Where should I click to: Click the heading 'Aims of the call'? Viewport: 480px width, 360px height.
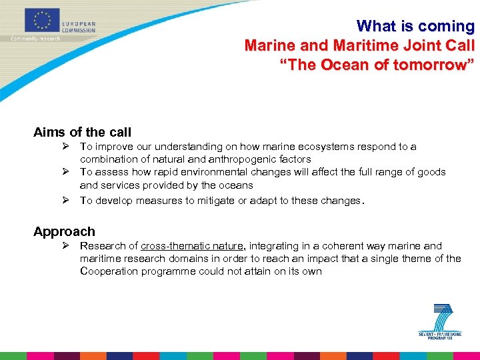(83, 132)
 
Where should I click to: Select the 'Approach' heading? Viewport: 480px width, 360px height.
(64, 231)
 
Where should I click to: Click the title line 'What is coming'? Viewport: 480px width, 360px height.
(415, 26)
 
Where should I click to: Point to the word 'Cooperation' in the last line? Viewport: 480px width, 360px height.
(107, 271)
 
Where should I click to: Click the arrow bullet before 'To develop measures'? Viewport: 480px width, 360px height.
(67, 200)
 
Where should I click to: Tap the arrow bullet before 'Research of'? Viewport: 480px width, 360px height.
(67, 246)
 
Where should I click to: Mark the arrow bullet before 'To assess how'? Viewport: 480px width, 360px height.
(67, 172)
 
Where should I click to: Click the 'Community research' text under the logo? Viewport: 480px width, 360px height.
(35, 39)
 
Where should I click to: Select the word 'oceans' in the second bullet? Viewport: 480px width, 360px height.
(237, 185)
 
